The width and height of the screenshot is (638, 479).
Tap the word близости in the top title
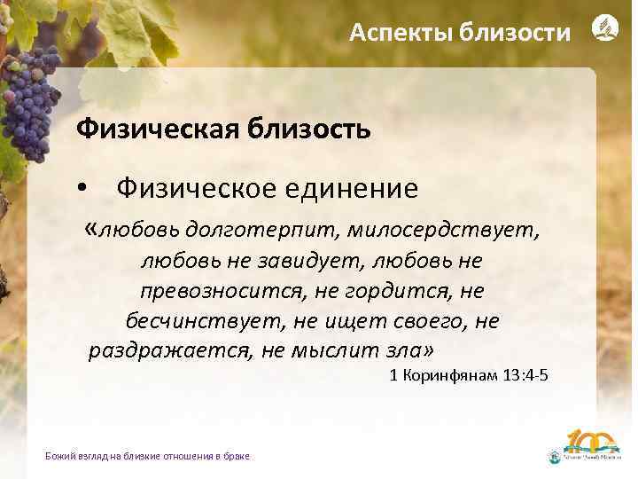click(x=517, y=34)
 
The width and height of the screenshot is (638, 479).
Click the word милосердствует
click(x=442, y=231)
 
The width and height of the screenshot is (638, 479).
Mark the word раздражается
click(x=168, y=349)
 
